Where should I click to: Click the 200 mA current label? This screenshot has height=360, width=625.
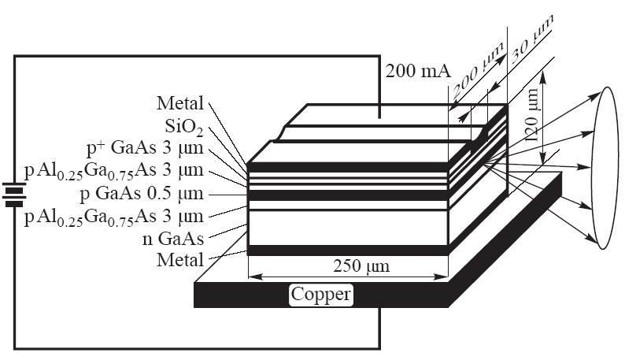(418, 72)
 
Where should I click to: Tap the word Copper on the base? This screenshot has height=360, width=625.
(321, 295)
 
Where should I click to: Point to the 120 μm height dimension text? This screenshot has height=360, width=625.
(536, 113)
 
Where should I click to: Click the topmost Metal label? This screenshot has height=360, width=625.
(180, 103)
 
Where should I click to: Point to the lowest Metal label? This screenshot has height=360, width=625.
(180, 259)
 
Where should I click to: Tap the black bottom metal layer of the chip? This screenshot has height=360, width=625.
(346, 251)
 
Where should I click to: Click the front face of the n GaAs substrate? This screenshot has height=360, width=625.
(346, 228)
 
